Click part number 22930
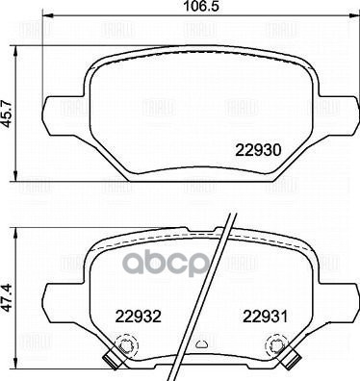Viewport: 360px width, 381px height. tap(258, 151)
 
